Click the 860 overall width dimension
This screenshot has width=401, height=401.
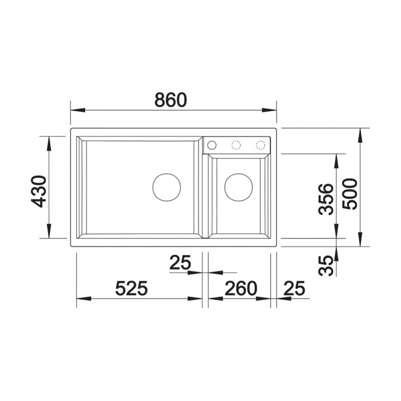click(171, 100)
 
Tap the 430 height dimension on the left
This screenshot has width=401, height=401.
click(38, 191)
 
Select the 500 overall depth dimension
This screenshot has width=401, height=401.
click(349, 194)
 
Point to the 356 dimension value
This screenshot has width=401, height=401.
click(326, 199)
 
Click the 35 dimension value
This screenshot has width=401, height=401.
click(326, 266)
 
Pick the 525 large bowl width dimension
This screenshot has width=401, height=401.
click(131, 288)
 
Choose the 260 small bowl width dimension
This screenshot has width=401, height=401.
click(241, 288)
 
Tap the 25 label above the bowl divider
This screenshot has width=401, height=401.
click(180, 262)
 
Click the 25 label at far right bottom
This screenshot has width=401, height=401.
click(294, 288)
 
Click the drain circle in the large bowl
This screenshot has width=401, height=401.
click(167, 174)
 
